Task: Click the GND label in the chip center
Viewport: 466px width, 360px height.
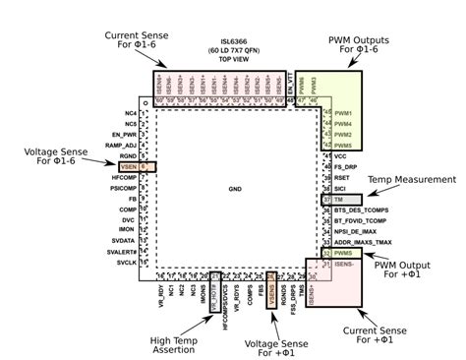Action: (234, 188)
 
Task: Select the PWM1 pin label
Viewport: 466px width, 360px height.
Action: (343, 114)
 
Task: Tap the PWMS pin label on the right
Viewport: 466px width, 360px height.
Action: (343, 253)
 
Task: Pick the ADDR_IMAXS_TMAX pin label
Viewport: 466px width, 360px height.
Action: (363, 241)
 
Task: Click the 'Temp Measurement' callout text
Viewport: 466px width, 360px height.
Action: (412, 180)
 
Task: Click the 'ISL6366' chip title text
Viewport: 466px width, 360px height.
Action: (219, 42)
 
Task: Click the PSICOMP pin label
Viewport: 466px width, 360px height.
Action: (122, 187)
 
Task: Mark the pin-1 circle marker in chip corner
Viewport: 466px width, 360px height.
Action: (145, 102)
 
